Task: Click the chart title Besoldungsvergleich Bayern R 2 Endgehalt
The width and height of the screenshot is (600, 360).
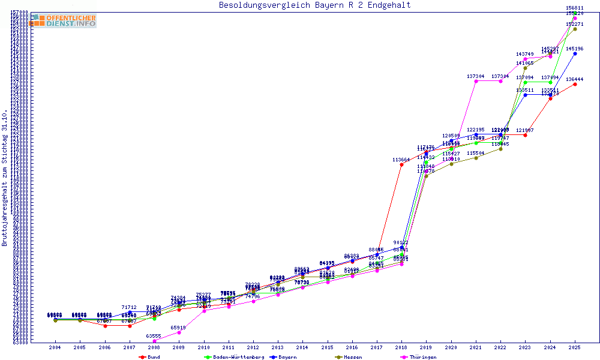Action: (x=315, y=5)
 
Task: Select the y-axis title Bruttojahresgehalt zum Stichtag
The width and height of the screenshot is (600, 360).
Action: (x=5, y=178)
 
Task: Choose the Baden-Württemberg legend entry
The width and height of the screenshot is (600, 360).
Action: (x=230, y=357)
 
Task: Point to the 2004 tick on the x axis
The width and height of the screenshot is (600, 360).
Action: (x=55, y=347)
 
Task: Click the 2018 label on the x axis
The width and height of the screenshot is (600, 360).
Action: (x=401, y=347)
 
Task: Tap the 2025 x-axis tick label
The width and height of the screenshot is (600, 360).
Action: (x=575, y=347)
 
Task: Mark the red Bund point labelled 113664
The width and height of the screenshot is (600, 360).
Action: (x=401, y=165)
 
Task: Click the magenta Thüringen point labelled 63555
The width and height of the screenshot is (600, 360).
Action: (x=154, y=341)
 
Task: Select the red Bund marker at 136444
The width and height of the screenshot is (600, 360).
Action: (x=575, y=84)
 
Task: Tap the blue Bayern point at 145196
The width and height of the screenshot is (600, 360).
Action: (x=575, y=53)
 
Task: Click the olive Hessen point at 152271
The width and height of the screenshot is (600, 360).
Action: (x=575, y=29)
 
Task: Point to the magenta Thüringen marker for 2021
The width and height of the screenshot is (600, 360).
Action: (x=476, y=81)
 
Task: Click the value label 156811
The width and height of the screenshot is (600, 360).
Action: (x=575, y=8)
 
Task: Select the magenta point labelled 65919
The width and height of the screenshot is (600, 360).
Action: (x=179, y=332)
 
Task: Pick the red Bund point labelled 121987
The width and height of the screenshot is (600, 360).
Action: (x=525, y=135)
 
